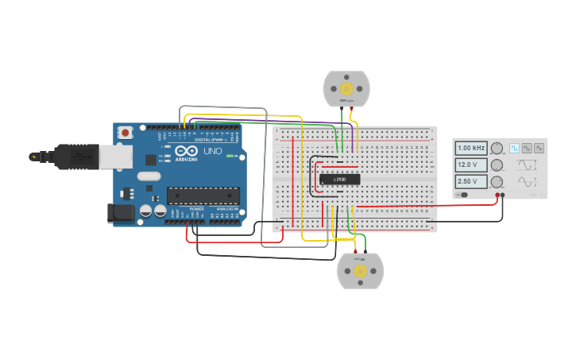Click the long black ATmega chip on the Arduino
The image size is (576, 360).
203,195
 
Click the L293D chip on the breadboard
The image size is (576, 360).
340,180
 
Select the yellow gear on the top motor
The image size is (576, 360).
346,88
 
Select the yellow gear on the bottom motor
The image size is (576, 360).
360,271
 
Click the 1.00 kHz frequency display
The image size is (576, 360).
471,148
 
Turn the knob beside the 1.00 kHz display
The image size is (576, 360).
497,148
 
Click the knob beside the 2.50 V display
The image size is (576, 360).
497,182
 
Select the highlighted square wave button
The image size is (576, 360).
514,148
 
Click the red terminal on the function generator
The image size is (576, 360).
497,195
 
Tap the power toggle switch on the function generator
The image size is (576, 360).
462,195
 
